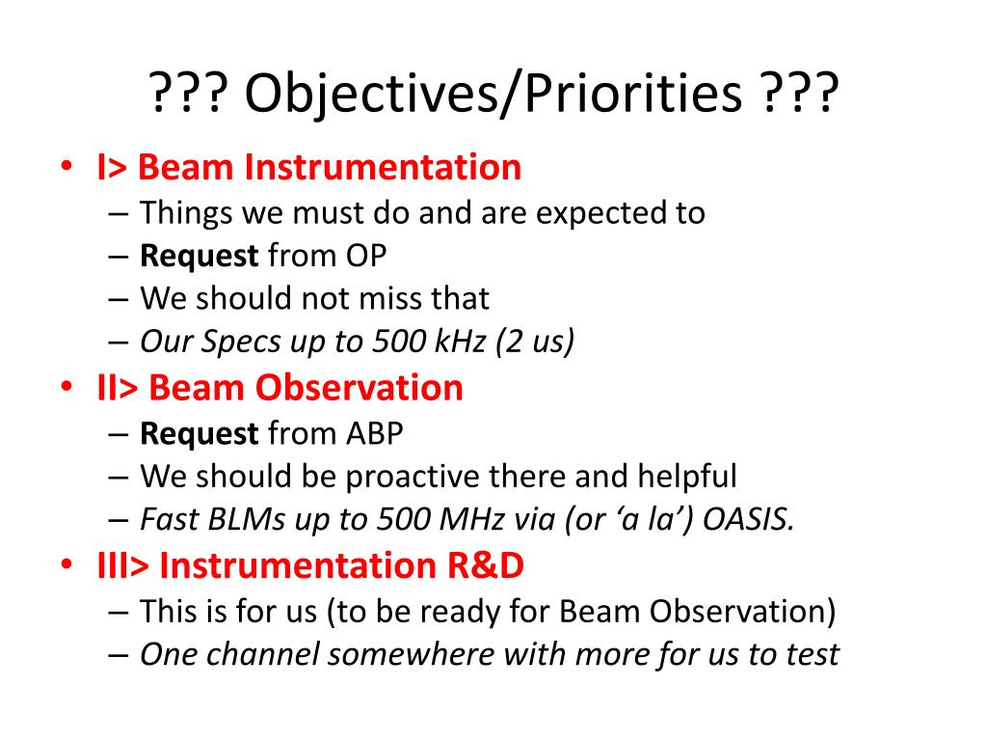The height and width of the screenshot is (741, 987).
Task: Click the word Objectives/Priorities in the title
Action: [493, 94]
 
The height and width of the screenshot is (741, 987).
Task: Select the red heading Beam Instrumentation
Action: [330, 168]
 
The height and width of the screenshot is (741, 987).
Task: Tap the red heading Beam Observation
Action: [306, 388]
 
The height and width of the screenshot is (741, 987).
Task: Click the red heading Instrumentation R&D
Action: [342, 565]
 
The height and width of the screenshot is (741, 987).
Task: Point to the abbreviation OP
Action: [365, 256]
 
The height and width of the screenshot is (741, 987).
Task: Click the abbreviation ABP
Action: [375, 433]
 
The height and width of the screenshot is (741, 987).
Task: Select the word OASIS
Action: [748, 520]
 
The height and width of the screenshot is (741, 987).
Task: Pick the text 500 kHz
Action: [429, 342]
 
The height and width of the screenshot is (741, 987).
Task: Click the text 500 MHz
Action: [440, 520]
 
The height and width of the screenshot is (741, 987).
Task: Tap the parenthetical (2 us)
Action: [535, 343]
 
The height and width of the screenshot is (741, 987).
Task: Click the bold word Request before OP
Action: [199, 257]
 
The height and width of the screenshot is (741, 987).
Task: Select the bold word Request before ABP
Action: [199, 434]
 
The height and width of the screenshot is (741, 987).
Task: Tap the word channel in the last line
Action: [263, 654]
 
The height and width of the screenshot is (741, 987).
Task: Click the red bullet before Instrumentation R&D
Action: [67, 563]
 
